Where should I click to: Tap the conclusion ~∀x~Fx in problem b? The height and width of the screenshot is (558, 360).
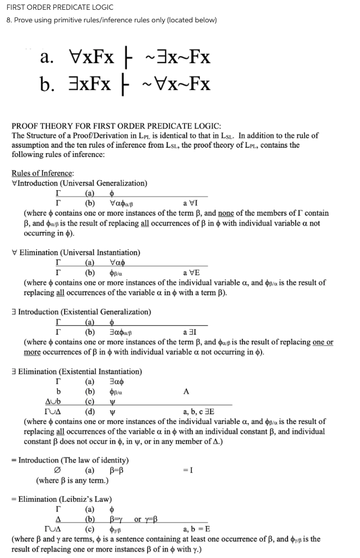tap(176, 84)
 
